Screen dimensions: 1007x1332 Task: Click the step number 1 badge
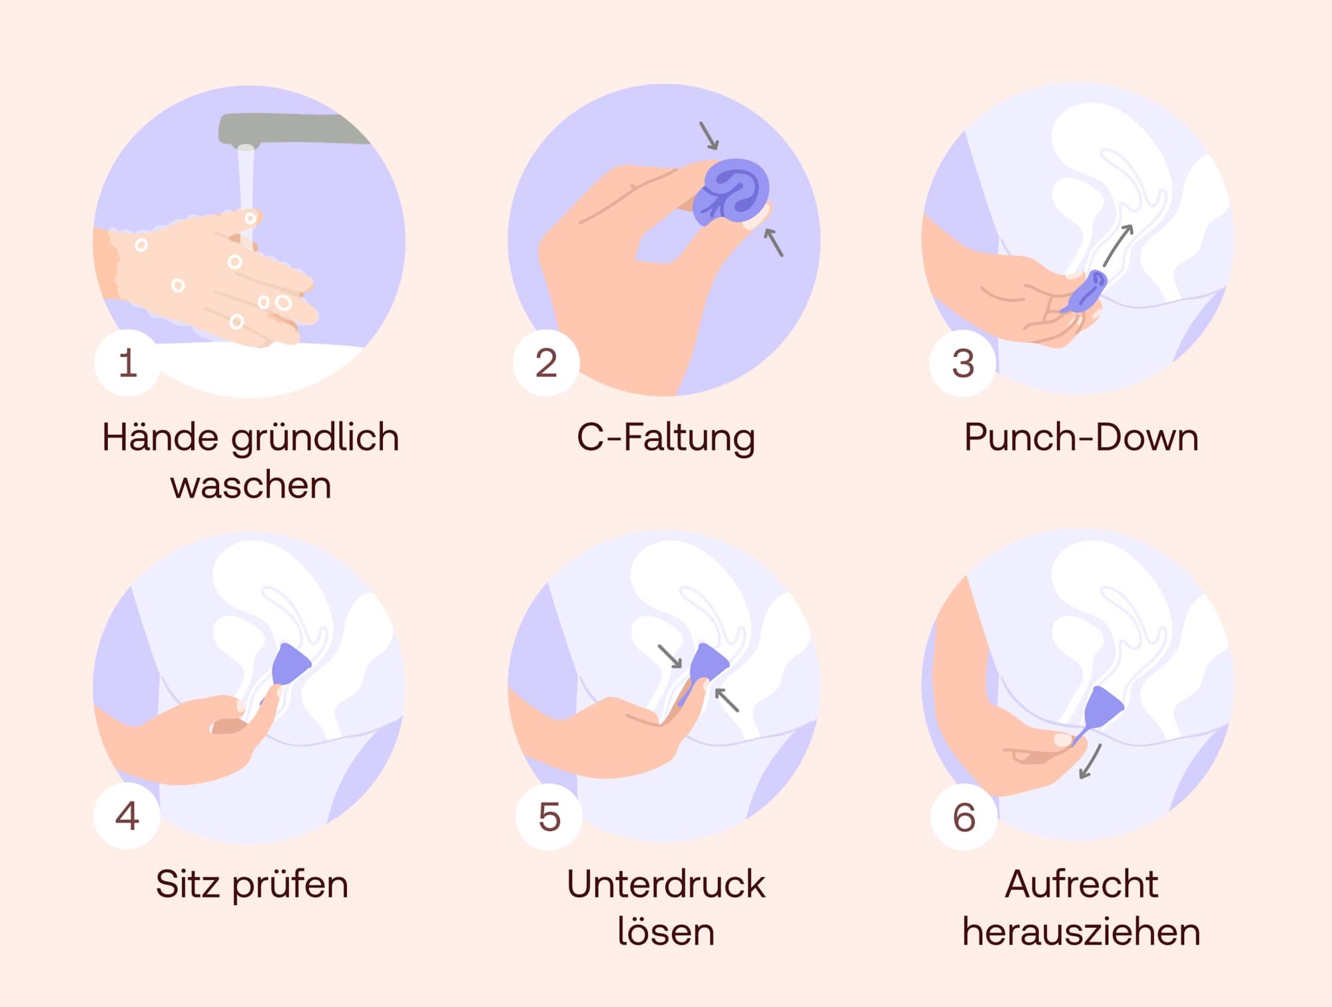click(127, 363)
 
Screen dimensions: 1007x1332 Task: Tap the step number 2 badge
click(546, 363)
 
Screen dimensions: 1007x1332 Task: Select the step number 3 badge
click(963, 363)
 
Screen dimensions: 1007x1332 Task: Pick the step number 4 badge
click(127, 816)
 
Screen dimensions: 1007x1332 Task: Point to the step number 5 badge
click(549, 817)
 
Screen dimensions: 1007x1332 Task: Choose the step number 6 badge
click(964, 817)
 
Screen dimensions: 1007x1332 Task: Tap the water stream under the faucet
click(246, 180)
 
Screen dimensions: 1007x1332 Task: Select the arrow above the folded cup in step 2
click(709, 136)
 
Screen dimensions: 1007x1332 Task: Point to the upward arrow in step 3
click(1118, 245)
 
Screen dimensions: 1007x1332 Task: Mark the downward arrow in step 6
click(1090, 761)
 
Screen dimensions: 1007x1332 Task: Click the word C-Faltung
click(666, 438)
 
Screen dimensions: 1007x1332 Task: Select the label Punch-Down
click(1081, 438)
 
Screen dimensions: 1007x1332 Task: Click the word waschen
click(250, 485)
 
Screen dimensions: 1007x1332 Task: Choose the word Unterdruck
click(666, 884)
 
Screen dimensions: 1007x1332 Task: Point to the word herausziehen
click(1081, 932)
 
